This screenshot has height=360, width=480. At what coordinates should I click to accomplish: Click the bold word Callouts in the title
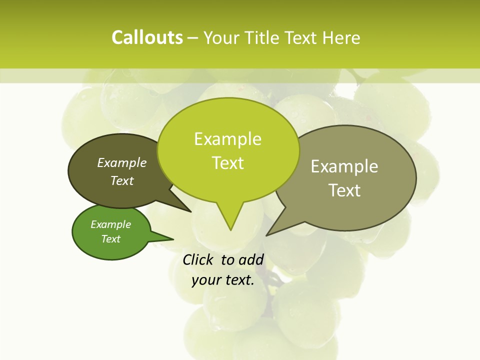pyautogui.click(x=147, y=37)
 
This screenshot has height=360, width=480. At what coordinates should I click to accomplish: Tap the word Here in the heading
pyautogui.click(x=341, y=37)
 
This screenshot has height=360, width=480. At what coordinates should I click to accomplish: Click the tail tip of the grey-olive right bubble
pyautogui.click(x=268, y=234)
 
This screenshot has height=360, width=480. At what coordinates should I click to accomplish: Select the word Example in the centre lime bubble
pyautogui.click(x=227, y=139)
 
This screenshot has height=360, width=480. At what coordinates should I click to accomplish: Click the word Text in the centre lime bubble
pyautogui.click(x=228, y=163)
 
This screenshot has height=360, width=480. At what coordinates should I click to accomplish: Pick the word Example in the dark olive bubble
pyautogui.click(x=122, y=162)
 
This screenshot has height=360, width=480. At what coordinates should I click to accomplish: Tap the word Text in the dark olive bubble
pyautogui.click(x=122, y=180)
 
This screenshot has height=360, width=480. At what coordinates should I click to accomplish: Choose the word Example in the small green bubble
pyautogui.click(x=110, y=224)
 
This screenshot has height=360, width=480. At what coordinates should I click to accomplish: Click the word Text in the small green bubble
pyautogui.click(x=110, y=239)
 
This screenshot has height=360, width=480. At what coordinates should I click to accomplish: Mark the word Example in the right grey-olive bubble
pyautogui.click(x=344, y=166)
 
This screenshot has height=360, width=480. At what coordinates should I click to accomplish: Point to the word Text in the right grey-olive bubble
pyautogui.click(x=344, y=190)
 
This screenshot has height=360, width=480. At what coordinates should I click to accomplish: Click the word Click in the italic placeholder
pyautogui.click(x=199, y=259)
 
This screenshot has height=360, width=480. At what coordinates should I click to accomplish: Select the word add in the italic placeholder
pyautogui.click(x=251, y=259)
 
